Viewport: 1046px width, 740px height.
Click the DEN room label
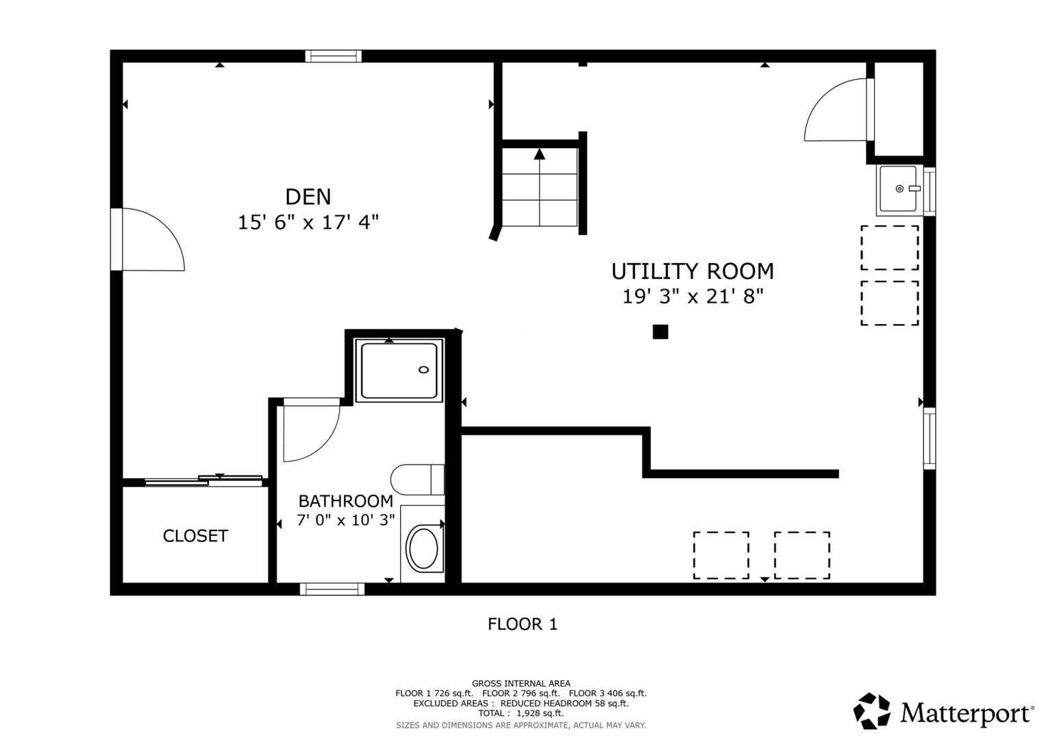pos(308,197)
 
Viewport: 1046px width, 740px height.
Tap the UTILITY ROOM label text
pos(693,271)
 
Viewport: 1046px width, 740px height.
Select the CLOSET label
pos(195,536)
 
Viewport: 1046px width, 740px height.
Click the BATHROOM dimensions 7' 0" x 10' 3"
pos(346,520)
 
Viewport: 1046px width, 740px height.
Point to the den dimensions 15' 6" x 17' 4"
pos(308,223)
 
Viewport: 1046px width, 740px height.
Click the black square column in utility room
pos(660,332)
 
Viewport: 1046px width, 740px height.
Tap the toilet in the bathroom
pos(416,480)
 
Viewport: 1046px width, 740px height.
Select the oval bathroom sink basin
pos(423,549)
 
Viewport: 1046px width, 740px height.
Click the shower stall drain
pos(423,370)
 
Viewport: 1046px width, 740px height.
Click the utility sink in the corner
pos(898,188)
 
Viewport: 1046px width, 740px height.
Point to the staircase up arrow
pos(540,154)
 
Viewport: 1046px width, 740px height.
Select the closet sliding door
pos(204,480)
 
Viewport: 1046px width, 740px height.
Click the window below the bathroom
pos(332,589)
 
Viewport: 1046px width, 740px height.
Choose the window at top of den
pos(333,56)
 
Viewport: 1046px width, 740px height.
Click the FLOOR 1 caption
pos(523,624)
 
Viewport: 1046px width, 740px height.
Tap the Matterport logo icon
pos(872,711)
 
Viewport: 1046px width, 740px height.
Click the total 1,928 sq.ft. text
pos(521,713)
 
